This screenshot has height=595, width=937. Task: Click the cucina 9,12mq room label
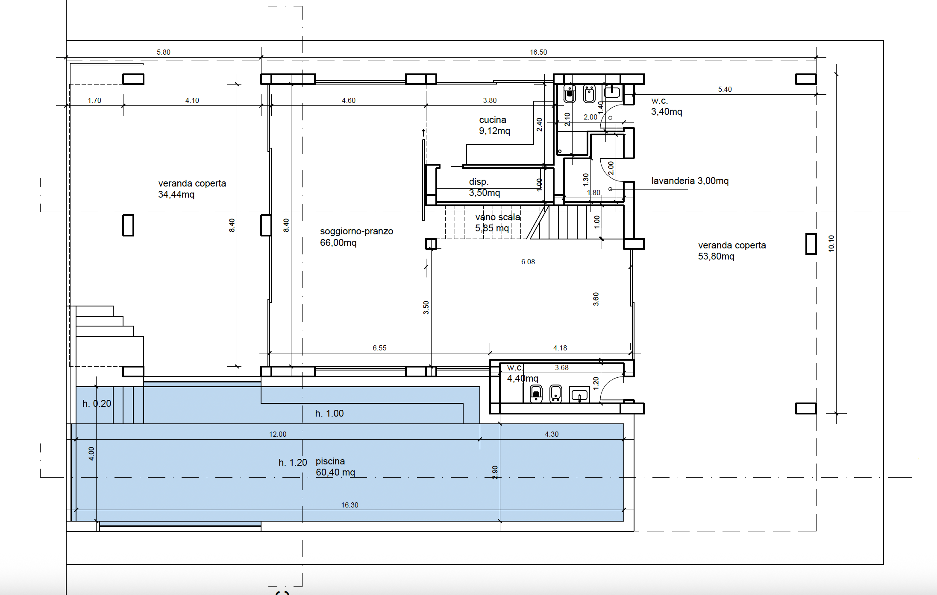coord(494,125)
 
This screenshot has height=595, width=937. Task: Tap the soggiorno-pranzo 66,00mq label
coord(356,237)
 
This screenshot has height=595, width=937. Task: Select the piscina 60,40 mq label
coord(335,467)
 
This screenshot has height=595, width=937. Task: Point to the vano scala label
coord(498,217)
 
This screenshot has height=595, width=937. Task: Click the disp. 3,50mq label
coord(484,187)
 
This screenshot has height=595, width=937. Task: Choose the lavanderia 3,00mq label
coord(690,181)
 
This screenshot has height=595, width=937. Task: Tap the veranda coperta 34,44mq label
coord(192,189)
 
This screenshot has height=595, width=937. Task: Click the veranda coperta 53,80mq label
coord(732,251)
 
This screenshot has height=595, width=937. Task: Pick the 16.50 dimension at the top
coord(538,52)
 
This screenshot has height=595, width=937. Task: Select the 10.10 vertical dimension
coord(831,243)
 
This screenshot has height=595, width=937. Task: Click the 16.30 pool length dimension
coord(350,505)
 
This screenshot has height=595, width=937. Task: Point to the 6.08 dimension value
coord(528,262)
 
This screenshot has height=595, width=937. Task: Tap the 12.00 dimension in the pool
coord(278,434)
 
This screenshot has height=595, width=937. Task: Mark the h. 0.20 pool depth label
coord(97,404)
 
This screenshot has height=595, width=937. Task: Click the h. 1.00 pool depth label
coord(329,414)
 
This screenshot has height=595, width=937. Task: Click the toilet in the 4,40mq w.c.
coord(536,394)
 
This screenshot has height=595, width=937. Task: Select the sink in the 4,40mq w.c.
coord(580,395)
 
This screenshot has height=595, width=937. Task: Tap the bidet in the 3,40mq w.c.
coord(589,93)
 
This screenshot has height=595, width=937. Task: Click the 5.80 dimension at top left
coord(163,52)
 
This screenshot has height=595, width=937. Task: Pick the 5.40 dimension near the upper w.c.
coord(725,89)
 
